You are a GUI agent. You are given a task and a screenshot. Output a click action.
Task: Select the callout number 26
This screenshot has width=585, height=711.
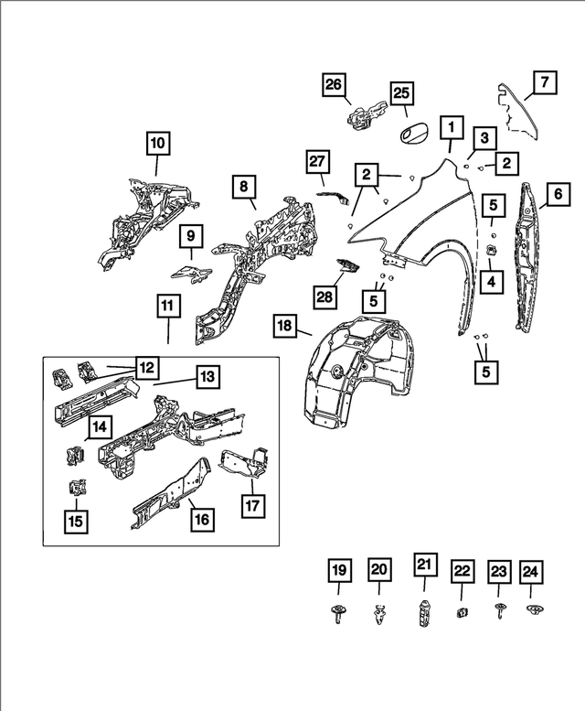pos(335,87)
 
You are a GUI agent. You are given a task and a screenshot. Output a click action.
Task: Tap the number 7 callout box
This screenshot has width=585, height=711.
pos(542,83)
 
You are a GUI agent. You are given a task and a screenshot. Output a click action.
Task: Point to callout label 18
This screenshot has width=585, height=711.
pos(284,327)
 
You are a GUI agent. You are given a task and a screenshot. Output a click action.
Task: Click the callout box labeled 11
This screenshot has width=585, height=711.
pos(169,308)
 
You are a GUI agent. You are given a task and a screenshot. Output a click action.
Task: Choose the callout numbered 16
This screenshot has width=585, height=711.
pos(202,519)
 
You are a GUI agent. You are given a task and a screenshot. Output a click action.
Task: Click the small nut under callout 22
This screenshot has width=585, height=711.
pos(462,612)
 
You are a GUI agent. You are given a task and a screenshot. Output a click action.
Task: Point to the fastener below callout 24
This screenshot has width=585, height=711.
pos(530,610)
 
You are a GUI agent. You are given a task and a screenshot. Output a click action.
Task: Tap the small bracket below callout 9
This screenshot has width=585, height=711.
pos(192,272)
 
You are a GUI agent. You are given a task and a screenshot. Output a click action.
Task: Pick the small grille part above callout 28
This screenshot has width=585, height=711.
pos(348,265)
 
